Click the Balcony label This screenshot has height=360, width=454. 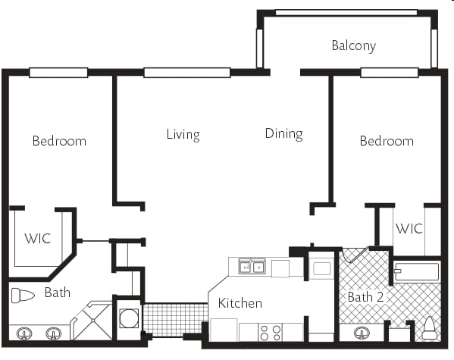point(353,45)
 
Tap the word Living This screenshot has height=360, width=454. point(183,135)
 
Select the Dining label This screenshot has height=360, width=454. point(283,134)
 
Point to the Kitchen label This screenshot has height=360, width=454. point(240,303)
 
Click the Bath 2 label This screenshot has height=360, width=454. point(365,297)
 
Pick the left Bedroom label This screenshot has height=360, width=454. point(59,141)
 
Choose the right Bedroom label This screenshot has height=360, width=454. point(387,141)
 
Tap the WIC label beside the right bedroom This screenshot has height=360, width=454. point(409,229)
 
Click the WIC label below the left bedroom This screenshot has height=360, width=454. point(38,239)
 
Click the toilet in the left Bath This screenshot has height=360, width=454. point(23,296)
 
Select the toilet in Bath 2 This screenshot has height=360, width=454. point(429,328)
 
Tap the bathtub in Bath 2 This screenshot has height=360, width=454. point(416,271)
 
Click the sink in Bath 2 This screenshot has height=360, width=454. point(362,333)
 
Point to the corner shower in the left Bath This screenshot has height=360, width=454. point(92,321)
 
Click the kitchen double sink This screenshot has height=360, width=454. point(252,267)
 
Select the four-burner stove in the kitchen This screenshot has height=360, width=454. point(270,333)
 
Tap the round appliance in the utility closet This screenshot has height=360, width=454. point(129,318)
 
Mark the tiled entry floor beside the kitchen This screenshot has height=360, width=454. point(176,320)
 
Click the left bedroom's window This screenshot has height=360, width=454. point(58,73)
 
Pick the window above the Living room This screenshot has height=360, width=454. point(187,73)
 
